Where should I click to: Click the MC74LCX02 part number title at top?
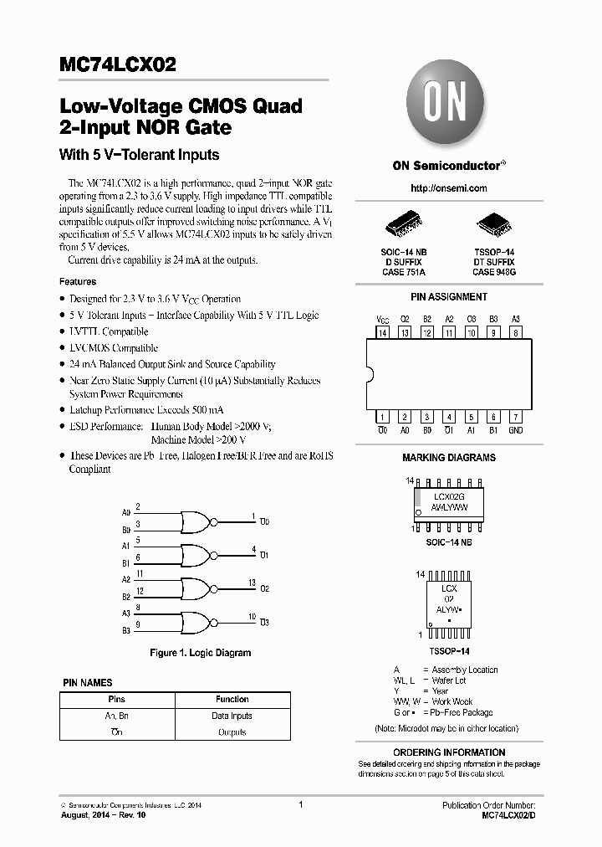tap(118, 64)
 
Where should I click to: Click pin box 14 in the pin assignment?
tap(383, 333)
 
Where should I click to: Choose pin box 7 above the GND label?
tap(516, 417)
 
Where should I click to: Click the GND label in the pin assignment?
tap(516, 430)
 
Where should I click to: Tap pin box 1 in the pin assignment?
tap(383, 417)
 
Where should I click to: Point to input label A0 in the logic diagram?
tap(126, 512)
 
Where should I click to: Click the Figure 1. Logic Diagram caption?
tap(200, 653)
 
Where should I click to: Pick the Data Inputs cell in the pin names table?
tap(232, 716)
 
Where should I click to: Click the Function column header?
tap(232, 699)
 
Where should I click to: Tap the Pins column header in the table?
tap(116, 699)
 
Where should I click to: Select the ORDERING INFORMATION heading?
tap(449, 752)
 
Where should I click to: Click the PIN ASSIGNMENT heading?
tap(449, 297)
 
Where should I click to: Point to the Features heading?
tap(78, 282)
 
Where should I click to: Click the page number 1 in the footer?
tap(300, 805)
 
